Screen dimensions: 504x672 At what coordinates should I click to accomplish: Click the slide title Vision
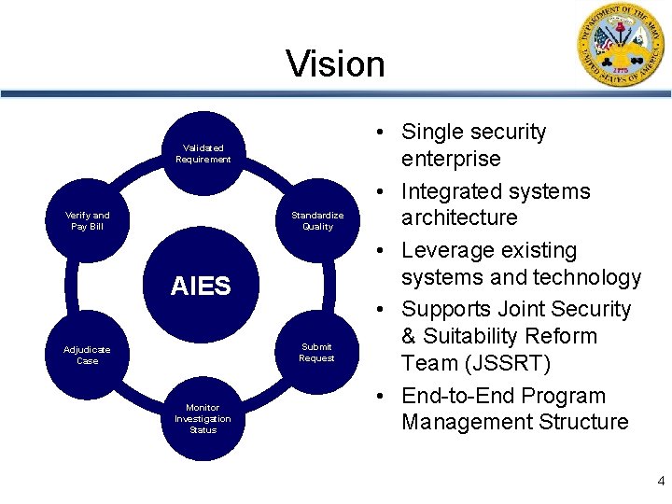pyautogui.click(x=335, y=64)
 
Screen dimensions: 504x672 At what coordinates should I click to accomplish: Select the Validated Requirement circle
pyautogui.click(x=203, y=153)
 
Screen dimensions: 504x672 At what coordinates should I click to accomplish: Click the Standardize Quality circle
pyautogui.click(x=317, y=220)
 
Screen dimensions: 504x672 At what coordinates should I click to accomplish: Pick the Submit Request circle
pyautogui.click(x=316, y=352)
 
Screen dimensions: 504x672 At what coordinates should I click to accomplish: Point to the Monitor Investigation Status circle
pyautogui.click(x=203, y=418)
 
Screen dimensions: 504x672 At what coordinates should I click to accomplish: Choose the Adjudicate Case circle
pyautogui.click(x=87, y=355)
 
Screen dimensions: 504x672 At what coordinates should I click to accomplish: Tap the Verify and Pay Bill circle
pyautogui.click(x=88, y=220)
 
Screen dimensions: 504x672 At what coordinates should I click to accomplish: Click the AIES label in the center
pyautogui.click(x=200, y=287)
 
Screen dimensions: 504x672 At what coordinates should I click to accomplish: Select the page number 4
pyautogui.click(x=661, y=482)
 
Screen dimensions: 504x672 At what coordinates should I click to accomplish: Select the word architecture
pyautogui.click(x=458, y=218)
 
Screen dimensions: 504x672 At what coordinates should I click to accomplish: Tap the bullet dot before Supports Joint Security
pyautogui.click(x=387, y=311)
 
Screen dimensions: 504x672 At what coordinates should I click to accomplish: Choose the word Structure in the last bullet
pyautogui.click(x=583, y=422)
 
